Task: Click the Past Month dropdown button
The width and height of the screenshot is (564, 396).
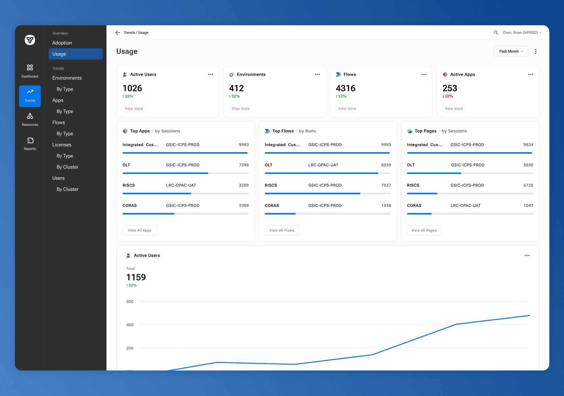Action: point(511,51)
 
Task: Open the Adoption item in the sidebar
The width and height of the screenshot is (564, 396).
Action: point(62,43)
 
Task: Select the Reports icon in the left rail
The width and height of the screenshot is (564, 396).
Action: point(30,140)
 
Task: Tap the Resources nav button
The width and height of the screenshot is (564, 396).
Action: point(30,119)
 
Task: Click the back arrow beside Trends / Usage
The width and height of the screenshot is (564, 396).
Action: point(118,33)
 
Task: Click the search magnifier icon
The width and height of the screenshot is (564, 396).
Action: point(496,33)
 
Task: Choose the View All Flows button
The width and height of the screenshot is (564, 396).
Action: point(282,230)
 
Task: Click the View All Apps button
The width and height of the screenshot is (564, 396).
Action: point(140,230)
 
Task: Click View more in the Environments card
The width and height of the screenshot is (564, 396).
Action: point(241,109)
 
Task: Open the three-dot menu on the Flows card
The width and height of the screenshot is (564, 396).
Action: point(424,74)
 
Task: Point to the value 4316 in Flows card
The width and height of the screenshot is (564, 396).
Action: point(345,88)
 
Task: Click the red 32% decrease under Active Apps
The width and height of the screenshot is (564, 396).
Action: point(448,96)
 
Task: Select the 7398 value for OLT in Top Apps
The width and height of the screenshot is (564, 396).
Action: point(244,165)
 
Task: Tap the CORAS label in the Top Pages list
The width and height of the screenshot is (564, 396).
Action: point(414,206)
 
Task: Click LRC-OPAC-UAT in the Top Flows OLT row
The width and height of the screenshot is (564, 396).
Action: point(323,165)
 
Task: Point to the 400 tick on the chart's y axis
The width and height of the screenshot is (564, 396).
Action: point(130,325)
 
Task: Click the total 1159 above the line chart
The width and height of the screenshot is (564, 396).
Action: point(136,277)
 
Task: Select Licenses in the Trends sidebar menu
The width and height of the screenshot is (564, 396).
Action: point(62,145)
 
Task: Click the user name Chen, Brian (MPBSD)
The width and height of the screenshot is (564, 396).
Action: point(520,33)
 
